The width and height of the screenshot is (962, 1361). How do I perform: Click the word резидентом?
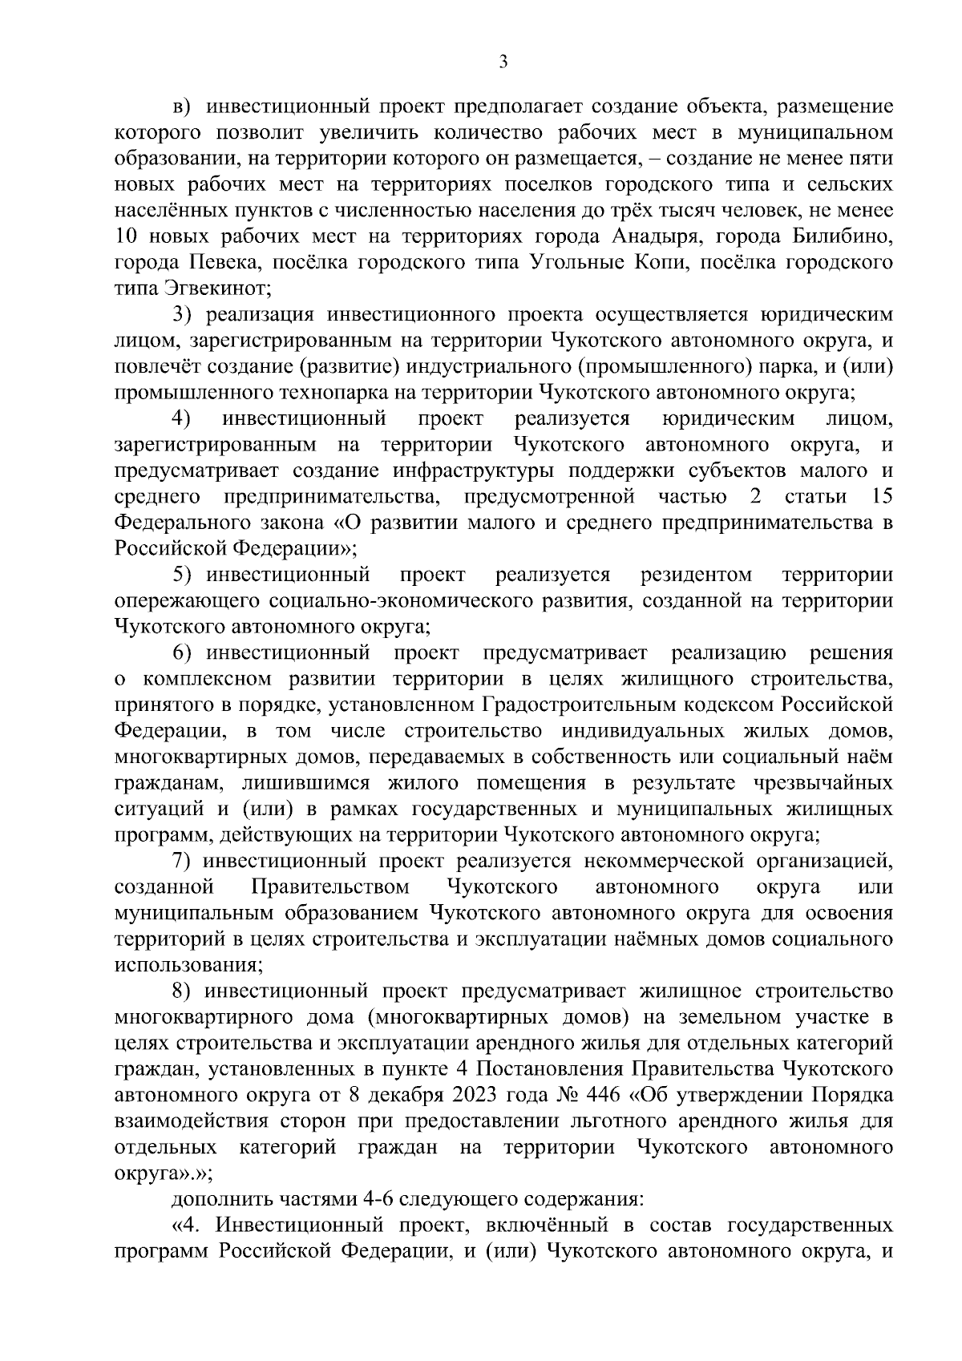[x=697, y=575]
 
